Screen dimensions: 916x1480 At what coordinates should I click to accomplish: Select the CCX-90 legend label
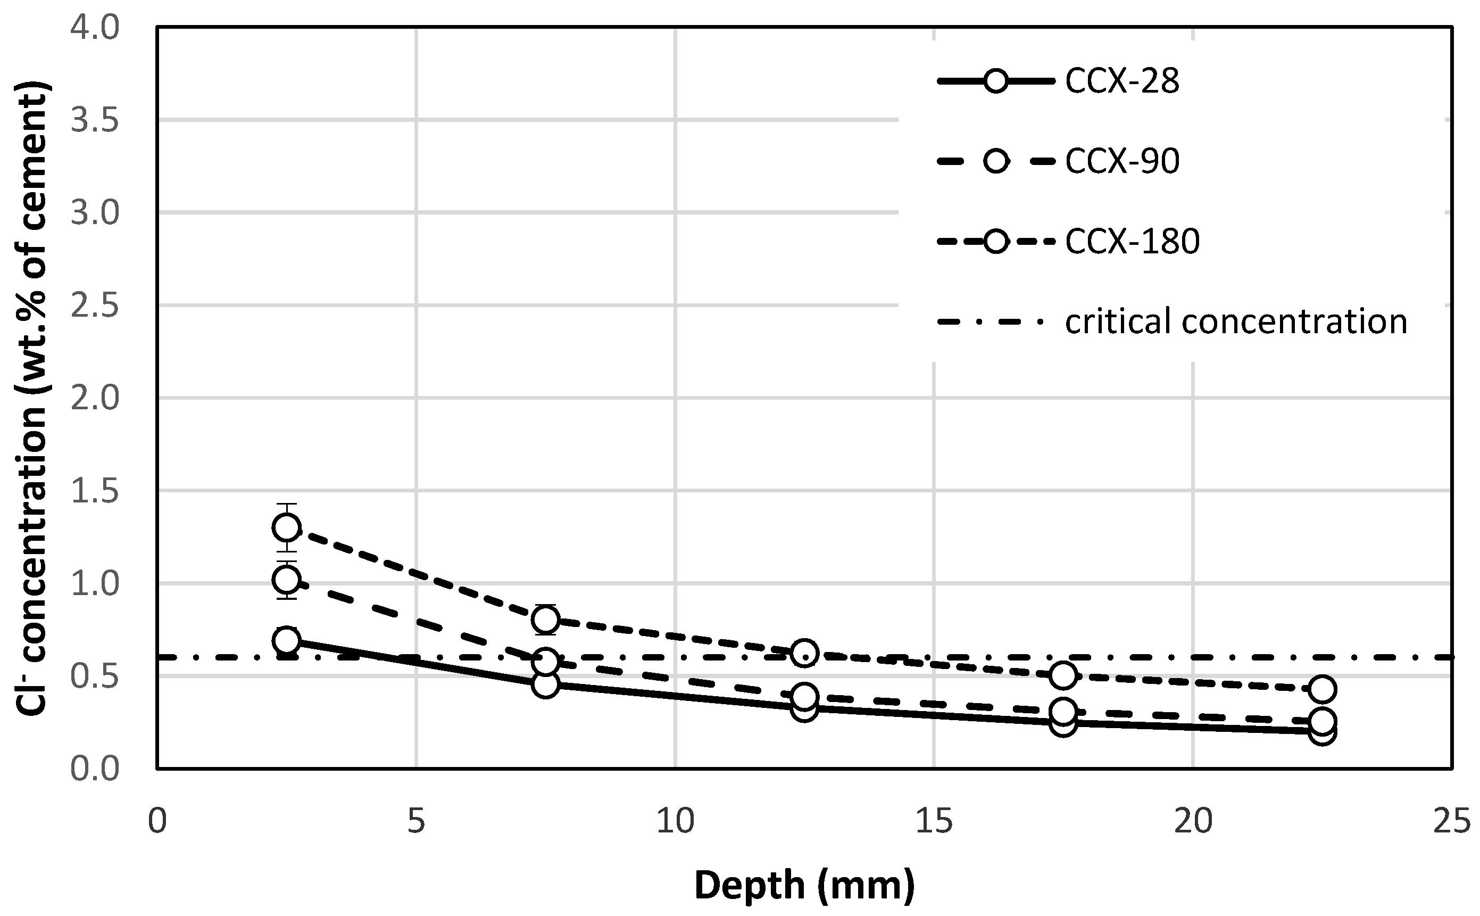click(1121, 162)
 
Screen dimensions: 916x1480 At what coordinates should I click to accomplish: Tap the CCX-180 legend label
click(1132, 242)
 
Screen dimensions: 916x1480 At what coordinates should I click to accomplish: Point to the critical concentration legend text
click(1235, 321)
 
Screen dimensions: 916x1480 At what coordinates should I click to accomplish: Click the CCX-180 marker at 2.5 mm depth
click(286, 527)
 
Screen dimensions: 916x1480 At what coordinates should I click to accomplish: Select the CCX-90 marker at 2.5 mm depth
click(286, 580)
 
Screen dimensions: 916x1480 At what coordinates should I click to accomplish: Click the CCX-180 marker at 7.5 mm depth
click(546, 620)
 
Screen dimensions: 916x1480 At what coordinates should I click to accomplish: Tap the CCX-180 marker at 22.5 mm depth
click(1323, 689)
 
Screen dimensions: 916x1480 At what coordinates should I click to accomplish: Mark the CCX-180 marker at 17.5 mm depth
click(1063, 675)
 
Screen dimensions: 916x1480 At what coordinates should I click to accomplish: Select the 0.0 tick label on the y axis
click(96, 769)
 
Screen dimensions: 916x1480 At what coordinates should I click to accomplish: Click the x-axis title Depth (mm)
click(804, 886)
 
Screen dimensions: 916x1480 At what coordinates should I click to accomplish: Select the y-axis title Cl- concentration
click(31, 398)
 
